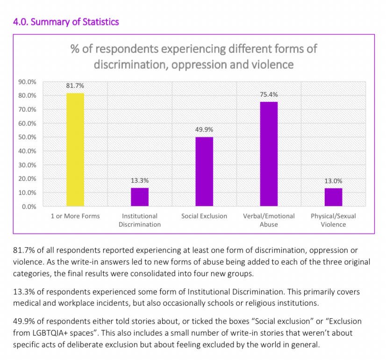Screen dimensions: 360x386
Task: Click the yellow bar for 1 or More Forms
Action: (75, 150)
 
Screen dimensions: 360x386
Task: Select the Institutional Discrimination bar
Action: (140, 197)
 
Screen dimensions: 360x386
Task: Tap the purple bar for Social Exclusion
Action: (204, 172)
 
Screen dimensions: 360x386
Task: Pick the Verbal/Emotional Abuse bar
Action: (269, 154)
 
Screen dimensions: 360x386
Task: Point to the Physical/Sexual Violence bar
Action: (333, 197)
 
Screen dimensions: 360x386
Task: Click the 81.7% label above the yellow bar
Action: (75, 86)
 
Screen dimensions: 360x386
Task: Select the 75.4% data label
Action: (269, 94)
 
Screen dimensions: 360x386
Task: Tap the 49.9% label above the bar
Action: (204, 130)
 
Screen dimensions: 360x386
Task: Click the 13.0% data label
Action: (333, 180)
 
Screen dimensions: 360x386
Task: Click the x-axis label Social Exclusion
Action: (204, 216)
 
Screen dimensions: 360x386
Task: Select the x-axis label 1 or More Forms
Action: (75, 216)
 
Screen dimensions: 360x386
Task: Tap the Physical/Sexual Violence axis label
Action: (333, 220)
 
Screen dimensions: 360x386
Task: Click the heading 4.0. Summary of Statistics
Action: (66, 22)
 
